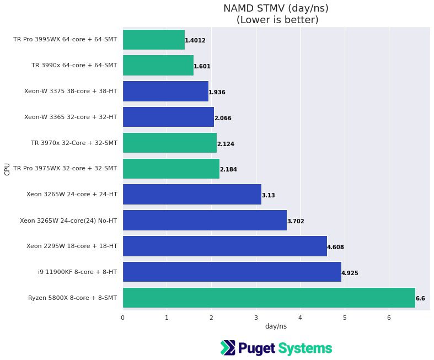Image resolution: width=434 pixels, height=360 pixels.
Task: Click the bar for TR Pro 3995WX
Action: tap(153, 40)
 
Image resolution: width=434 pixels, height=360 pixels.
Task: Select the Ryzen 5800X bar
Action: tap(269, 298)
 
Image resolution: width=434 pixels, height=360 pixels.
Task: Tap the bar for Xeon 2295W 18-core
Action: tap(224, 246)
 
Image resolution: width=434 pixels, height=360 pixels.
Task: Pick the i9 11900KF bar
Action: tap(232, 272)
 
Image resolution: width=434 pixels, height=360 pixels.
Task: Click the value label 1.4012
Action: tap(195, 40)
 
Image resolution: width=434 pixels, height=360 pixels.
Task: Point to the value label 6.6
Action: tap(420, 298)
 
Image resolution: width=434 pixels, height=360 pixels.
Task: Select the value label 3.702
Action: tap(296, 221)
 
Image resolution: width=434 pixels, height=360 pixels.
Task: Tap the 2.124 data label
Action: tap(226, 144)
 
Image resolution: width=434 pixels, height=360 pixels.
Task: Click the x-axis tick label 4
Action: tap(300, 317)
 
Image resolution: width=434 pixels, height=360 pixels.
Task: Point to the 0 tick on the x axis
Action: tap(122, 317)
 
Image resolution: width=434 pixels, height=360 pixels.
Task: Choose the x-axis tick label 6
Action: tap(389, 317)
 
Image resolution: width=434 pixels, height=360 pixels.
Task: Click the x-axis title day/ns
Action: tap(276, 326)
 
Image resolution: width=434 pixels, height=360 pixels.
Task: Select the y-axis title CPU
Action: tap(7, 169)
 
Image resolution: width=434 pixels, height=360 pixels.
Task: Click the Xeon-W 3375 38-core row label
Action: tap(71, 92)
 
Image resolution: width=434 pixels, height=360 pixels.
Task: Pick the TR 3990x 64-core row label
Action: tap(74, 66)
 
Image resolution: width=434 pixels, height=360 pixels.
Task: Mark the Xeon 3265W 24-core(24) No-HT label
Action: tap(68, 221)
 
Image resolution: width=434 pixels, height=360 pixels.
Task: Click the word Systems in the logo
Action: tap(305, 348)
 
